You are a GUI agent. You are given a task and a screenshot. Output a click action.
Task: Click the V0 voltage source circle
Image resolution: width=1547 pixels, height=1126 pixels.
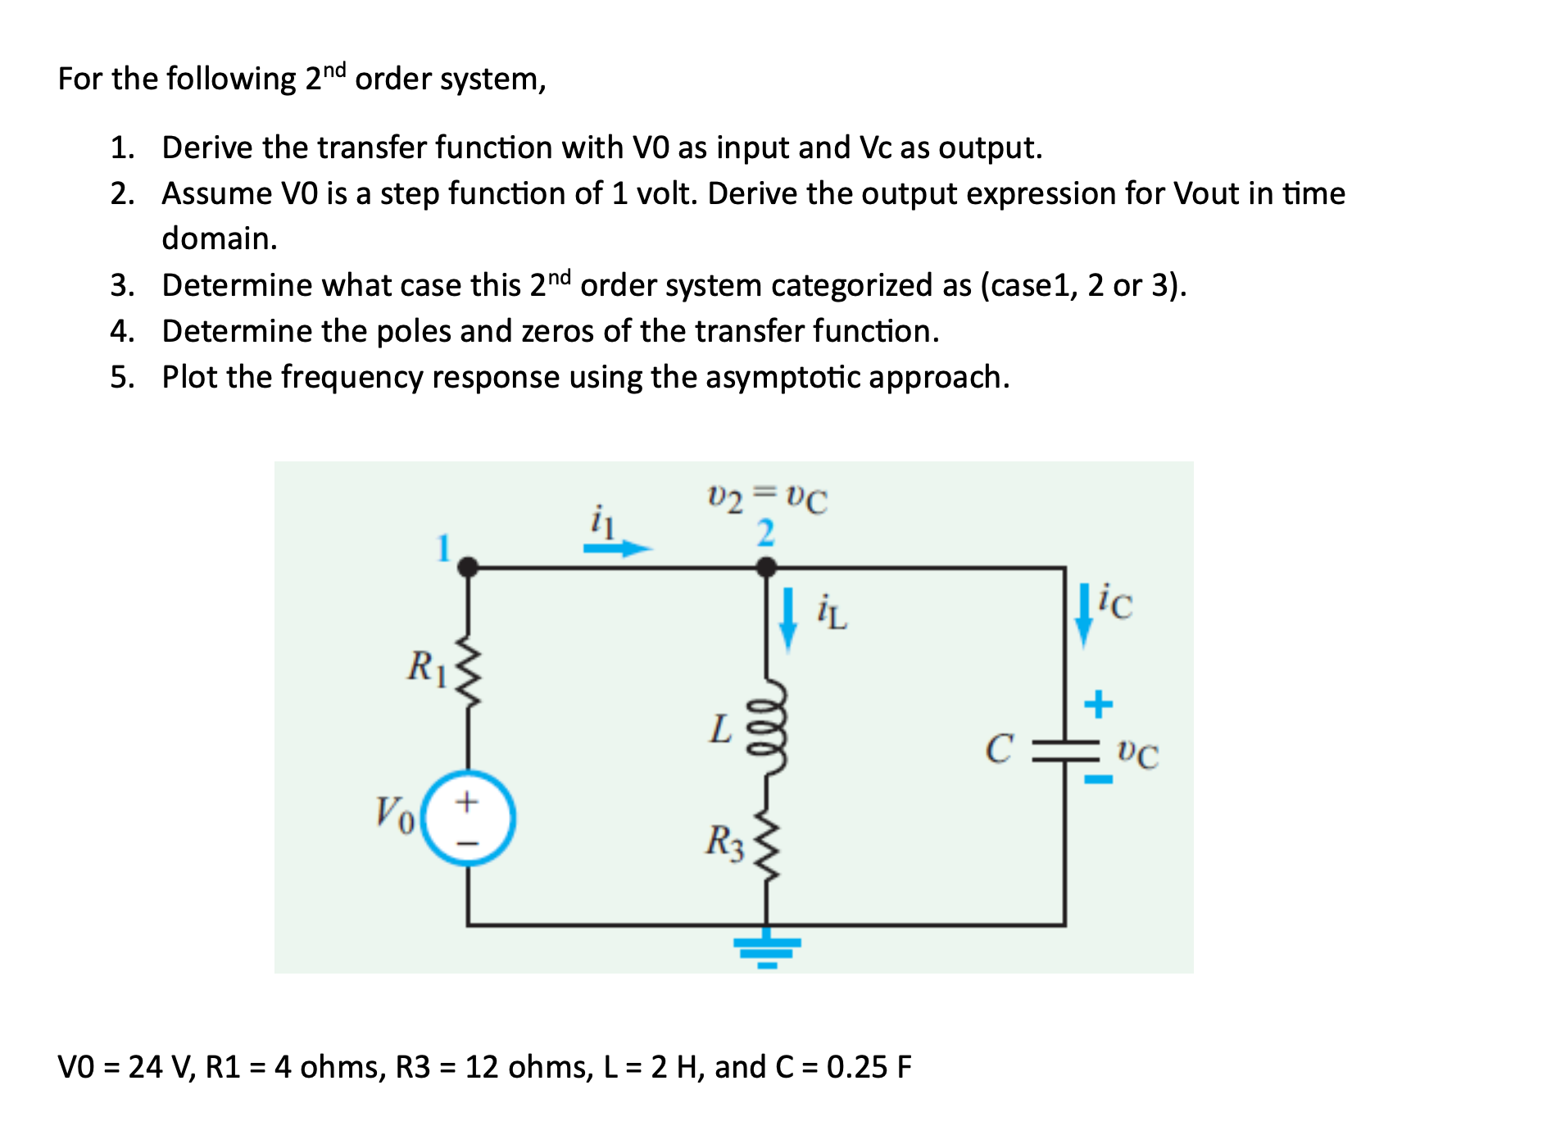[468, 818]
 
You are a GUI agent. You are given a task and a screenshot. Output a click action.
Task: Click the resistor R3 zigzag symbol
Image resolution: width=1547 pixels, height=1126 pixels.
[767, 844]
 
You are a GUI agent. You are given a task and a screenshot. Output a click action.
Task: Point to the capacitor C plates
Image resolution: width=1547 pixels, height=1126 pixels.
[1065, 750]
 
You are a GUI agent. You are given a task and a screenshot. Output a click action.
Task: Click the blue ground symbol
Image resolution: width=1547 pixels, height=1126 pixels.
[767, 949]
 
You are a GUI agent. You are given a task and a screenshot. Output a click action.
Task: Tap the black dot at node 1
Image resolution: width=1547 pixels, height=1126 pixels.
[468, 566]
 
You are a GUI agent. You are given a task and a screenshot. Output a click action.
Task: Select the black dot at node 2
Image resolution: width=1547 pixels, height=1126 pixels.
[766, 566]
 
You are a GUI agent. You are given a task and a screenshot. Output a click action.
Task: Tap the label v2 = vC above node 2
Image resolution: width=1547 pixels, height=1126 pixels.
[767, 498]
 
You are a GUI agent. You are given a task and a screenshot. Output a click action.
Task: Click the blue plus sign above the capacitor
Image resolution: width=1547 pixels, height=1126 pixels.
[1098, 704]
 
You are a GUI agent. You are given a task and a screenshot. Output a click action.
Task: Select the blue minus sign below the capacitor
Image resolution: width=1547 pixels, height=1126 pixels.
[1098, 779]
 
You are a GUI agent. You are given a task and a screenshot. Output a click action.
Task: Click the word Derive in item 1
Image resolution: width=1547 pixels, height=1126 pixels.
[207, 148]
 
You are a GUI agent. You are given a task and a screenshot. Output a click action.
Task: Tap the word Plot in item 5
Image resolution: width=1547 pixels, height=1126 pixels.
[190, 378]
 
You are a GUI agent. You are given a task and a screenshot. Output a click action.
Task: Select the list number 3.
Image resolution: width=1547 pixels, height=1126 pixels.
[121, 286]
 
